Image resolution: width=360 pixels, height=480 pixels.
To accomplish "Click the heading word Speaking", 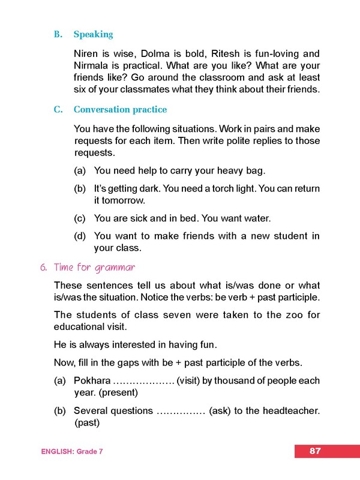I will coord(93,34).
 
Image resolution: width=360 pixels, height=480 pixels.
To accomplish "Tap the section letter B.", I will coord(58,34).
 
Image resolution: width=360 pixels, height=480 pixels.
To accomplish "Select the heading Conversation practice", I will coord(120,110).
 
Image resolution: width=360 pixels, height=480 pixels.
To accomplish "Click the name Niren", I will coord(86,53).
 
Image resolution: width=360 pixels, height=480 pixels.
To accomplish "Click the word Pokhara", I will coord(92,381).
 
